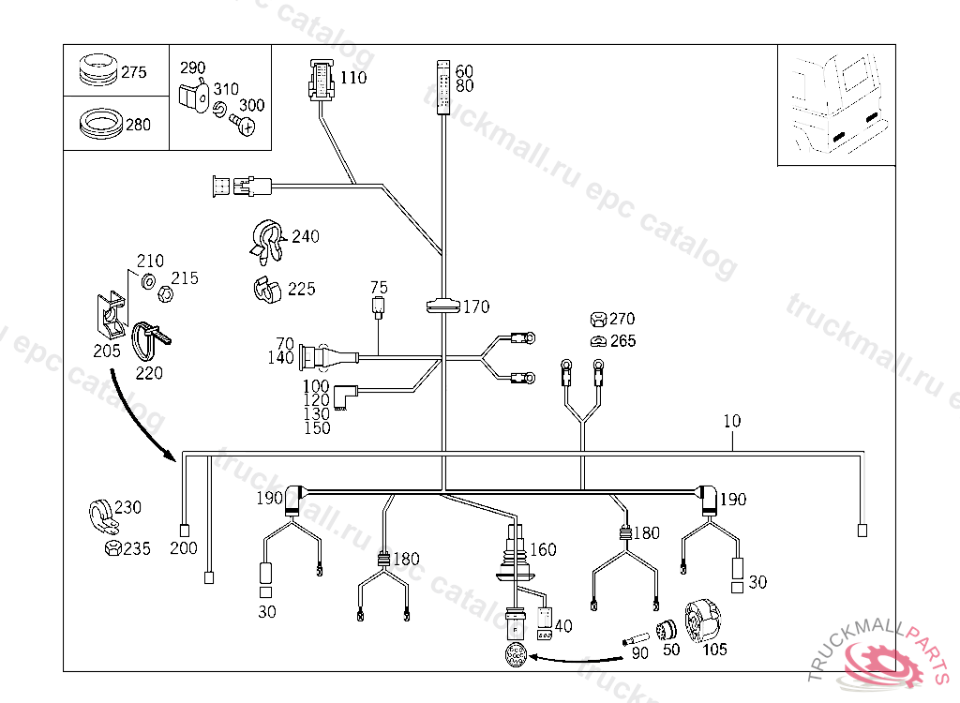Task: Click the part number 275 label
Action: pos(134,72)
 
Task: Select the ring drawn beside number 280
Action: pos(99,123)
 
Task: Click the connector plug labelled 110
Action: pos(319,81)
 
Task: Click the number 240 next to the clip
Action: pos(305,236)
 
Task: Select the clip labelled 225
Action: pos(267,290)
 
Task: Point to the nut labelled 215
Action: pos(163,292)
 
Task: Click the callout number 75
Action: pos(379,287)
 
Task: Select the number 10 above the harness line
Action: pos(731,421)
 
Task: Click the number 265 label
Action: pos(622,340)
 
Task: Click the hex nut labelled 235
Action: pos(111,547)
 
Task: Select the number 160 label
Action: pos(543,549)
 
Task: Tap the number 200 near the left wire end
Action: pos(184,547)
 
